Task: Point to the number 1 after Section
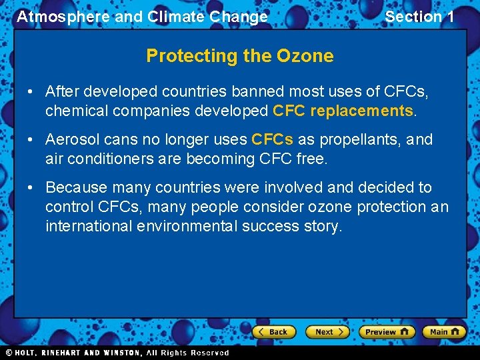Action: [x=449, y=17]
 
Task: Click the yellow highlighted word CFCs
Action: [x=272, y=139]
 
